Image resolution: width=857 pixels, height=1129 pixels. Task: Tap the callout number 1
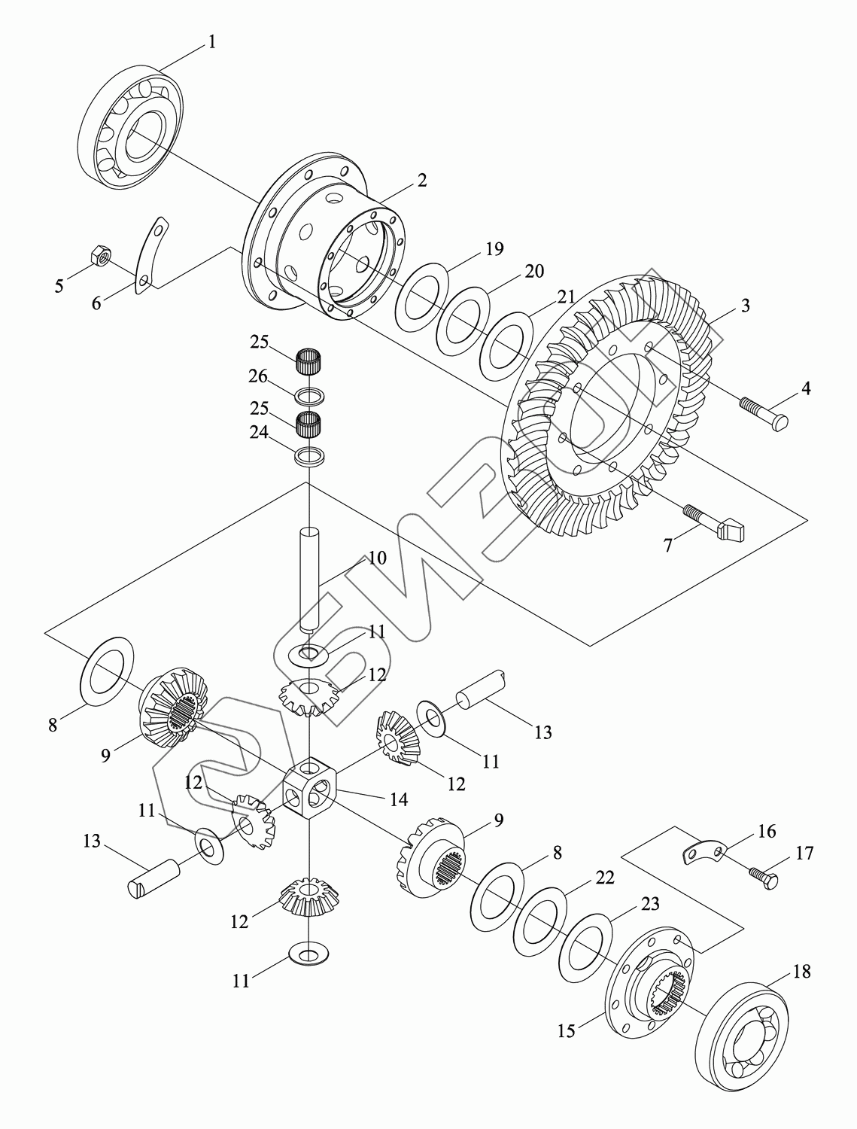211,42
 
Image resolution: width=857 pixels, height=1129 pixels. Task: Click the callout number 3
744,306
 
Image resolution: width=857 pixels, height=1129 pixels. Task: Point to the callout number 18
801,972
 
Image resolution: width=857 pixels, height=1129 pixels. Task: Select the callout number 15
566,1030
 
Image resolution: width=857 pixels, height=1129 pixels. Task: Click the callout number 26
258,376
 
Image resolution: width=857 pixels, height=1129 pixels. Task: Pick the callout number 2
421,180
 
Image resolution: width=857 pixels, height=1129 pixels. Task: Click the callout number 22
604,878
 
